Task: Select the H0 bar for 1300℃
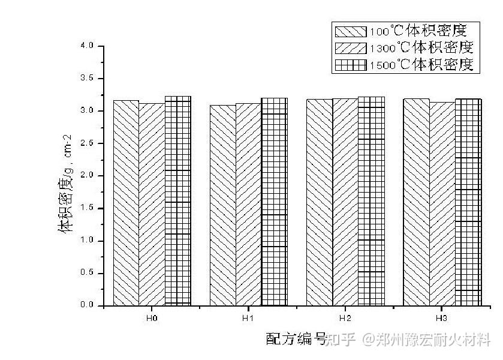(152, 204)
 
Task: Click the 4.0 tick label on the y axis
(87, 46)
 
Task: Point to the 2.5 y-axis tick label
(87, 143)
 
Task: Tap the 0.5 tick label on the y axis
(87, 273)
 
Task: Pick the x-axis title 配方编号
(296, 339)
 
